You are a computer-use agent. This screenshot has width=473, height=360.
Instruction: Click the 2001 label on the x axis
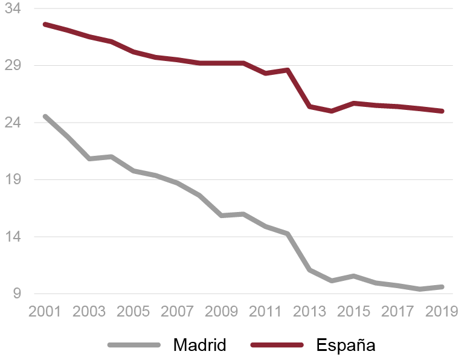pos(45,312)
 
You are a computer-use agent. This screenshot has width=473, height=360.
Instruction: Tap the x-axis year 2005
pos(133,312)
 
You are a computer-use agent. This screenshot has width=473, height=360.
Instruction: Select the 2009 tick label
pos(222,312)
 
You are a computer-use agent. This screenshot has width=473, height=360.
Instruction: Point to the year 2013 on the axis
pos(310,312)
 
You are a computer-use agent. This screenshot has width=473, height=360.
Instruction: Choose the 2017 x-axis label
pos(398,312)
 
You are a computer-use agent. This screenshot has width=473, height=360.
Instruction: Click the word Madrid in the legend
pos(199,345)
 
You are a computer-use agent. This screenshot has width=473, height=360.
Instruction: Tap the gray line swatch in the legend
pos(134,345)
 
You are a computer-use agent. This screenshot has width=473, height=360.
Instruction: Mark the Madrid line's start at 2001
pos(45,116)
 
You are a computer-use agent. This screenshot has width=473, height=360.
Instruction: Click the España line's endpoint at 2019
pos(443,111)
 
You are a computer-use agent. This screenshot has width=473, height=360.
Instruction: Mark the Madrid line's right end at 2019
pos(443,287)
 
